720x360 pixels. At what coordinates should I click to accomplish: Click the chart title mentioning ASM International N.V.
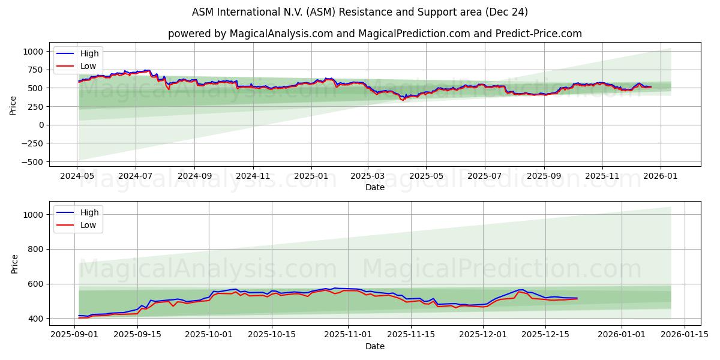click(x=360, y=12)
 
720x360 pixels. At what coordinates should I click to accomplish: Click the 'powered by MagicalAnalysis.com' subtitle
click(x=375, y=34)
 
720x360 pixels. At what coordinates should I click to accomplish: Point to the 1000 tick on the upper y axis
click(x=33, y=52)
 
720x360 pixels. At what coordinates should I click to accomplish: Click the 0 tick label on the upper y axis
click(x=41, y=125)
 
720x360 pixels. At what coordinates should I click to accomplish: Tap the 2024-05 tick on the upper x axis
click(x=77, y=176)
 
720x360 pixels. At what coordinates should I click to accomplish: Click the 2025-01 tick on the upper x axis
click(x=311, y=176)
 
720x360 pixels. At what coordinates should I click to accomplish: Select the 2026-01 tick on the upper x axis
click(x=661, y=176)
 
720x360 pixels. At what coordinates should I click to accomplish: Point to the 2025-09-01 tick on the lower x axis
click(x=74, y=335)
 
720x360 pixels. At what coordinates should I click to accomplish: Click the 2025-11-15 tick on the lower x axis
click(x=411, y=335)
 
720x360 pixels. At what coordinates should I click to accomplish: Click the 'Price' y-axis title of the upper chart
click(x=13, y=106)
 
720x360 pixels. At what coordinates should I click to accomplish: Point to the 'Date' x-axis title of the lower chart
click(x=375, y=346)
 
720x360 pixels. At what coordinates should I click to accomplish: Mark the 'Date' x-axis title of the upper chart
click(x=375, y=187)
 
